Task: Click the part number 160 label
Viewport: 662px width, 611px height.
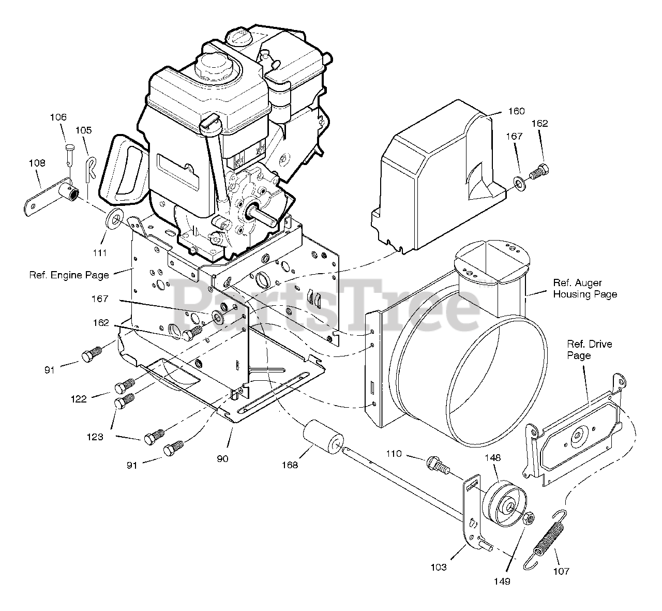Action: coord(516,111)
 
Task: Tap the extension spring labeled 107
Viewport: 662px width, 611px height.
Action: coord(548,538)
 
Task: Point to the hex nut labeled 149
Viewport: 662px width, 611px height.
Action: coord(528,518)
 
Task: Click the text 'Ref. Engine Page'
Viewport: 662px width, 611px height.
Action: coord(69,275)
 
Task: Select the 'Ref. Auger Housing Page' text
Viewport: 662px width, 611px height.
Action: coord(585,289)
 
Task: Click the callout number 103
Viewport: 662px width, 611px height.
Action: coord(438,568)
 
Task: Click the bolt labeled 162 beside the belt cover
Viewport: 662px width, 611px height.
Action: coord(541,169)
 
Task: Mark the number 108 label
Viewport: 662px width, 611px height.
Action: coord(37,163)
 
